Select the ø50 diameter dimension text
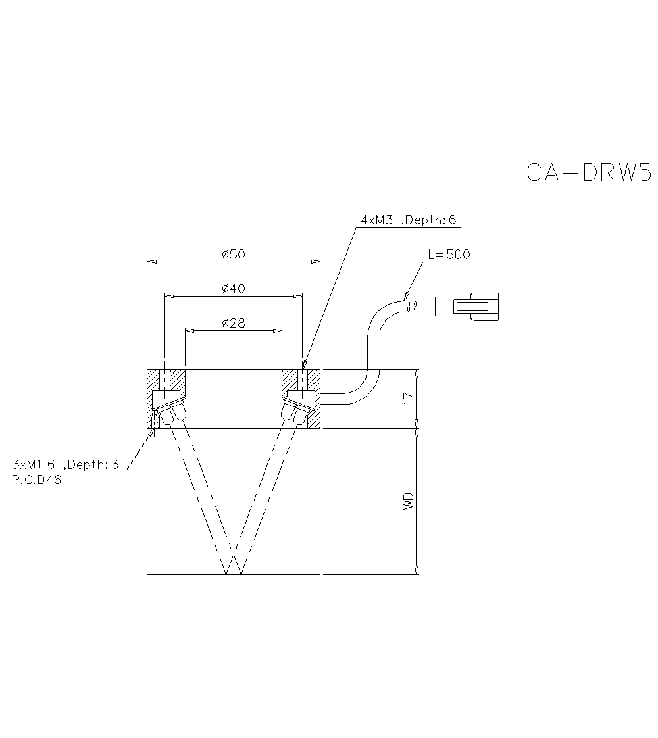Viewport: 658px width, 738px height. pos(234,254)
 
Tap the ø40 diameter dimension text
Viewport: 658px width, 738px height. pos(234,289)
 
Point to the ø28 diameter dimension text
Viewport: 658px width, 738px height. pos(234,323)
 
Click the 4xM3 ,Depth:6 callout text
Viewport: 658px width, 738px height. pos(408,220)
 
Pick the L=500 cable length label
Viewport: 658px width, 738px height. pos(449,255)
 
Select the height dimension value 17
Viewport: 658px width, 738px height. pos(409,399)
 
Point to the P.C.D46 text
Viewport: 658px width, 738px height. pos(37,480)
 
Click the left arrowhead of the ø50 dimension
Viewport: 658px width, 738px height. pos(151,262)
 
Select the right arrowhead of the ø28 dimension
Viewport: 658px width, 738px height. pos(278,331)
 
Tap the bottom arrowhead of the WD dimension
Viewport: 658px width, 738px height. pos(417,570)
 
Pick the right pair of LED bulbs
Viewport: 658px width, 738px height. pos(294,412)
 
